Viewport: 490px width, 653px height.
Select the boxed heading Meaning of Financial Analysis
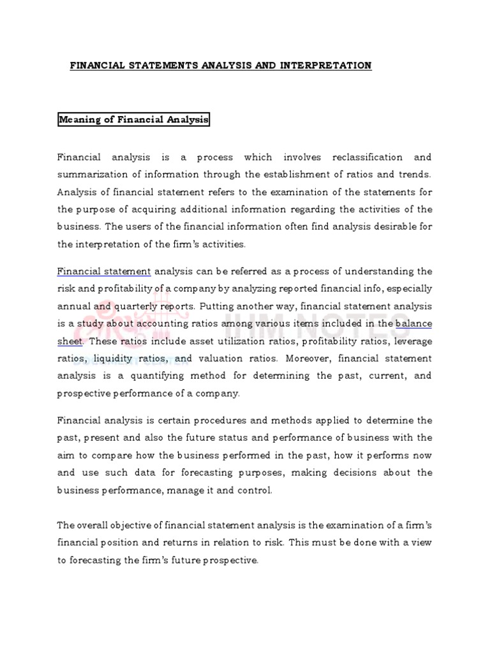(134, 119)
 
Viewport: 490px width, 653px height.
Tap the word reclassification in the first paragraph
(361, 157)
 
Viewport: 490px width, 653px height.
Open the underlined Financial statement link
(104, 272)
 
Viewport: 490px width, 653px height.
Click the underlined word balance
(413, 323)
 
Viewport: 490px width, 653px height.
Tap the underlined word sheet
(70, 341)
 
